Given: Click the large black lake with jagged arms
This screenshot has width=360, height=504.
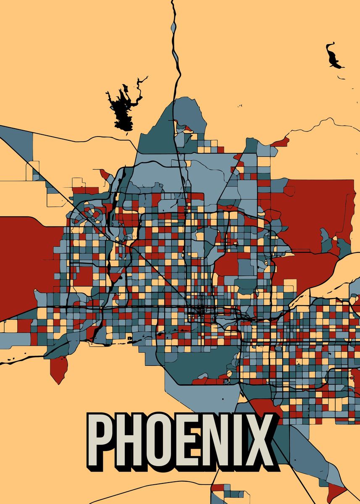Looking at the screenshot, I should (x=122, y=107).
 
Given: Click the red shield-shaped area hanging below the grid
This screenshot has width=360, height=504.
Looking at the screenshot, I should (x=58, y=367).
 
